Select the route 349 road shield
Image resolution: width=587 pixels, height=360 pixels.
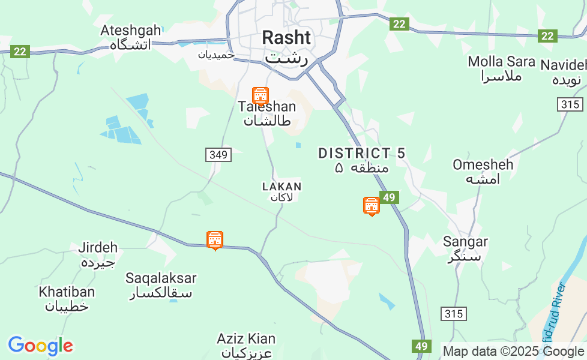(218, 155)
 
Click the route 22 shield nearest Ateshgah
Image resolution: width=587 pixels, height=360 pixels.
(20, 52)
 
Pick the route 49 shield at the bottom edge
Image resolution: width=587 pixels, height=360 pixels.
(421, 346)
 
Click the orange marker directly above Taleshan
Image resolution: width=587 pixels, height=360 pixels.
(260, 95)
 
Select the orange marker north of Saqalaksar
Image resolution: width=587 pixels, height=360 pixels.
(214, 240)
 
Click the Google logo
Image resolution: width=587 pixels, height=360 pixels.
(40, 346)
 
